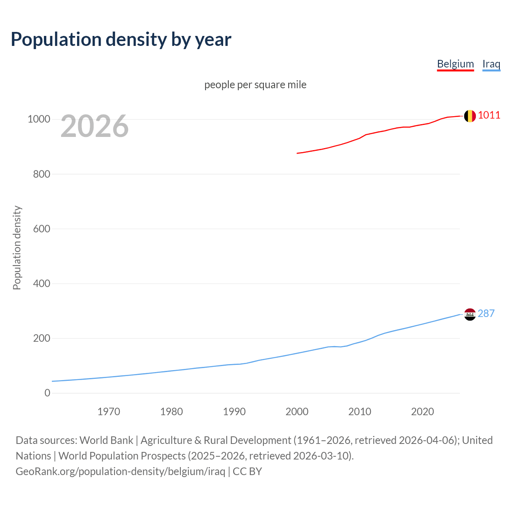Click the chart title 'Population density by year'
tap(121, 40)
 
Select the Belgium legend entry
tap(455, 64)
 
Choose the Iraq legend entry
tap(491, 64)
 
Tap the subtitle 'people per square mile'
tap(255, 85)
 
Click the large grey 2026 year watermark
tap(95, 126)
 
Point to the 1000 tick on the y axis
tap(39, 119)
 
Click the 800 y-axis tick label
tap(42, 174)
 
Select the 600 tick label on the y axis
tap(42, 229)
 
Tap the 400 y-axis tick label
tap(42, 283)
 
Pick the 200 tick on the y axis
tap(42, 338)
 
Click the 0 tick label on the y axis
tap(48, 393)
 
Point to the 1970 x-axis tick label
tap(109, 412)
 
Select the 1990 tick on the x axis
tap(234, 412)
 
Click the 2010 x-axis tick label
tap(360, 412)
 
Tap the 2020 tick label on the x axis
tap(422, 412)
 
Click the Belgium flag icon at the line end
tap(470, 116)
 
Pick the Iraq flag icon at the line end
tap(470, 315)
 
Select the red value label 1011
tap(489, 115)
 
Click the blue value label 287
tap(486, 313)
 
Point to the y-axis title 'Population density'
tap(17, 248)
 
